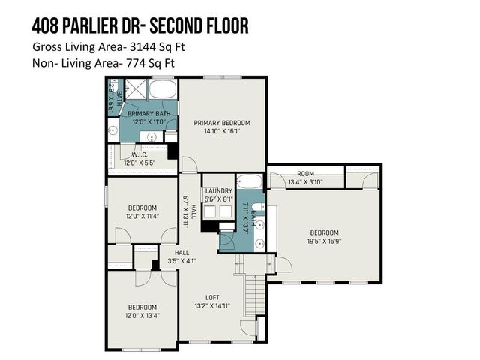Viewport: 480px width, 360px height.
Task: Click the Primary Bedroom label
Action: [222, 123]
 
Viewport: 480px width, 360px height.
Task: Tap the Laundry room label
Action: [218, 191]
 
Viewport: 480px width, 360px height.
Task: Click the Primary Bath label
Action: [148, 114]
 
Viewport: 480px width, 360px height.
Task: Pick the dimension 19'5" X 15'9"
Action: [325, 241]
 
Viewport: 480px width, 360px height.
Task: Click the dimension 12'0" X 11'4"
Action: [142, 217]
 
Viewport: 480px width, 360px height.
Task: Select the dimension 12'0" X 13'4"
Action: [142, 316]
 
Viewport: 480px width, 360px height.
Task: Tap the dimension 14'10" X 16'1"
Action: [222, 131]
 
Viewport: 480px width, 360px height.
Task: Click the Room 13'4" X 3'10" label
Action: [305, 177]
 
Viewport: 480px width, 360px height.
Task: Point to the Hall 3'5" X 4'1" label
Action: [182, 257]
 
